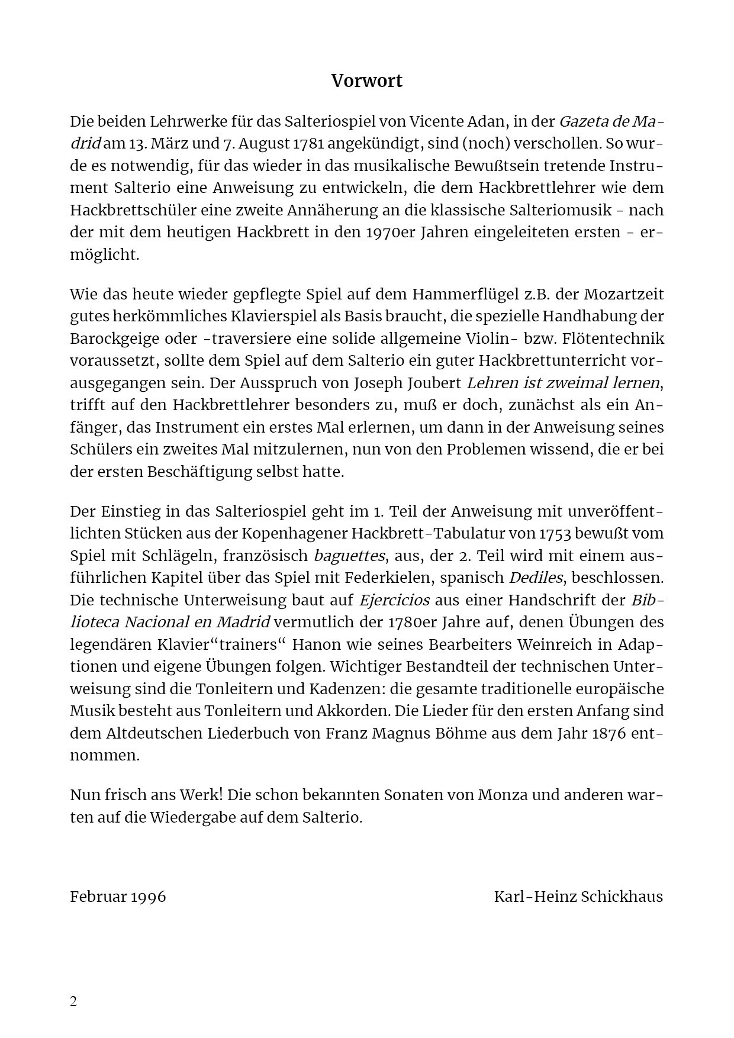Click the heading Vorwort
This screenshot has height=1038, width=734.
tap(366, 81)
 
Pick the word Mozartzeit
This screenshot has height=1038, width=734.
tap(624, 294)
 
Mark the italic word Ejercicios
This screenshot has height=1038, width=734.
tap(394, 600)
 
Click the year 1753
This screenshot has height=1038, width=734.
tap(554, 533)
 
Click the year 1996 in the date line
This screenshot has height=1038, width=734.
tap(149, 897)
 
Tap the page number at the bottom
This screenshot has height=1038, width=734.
tap(73, 1002)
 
